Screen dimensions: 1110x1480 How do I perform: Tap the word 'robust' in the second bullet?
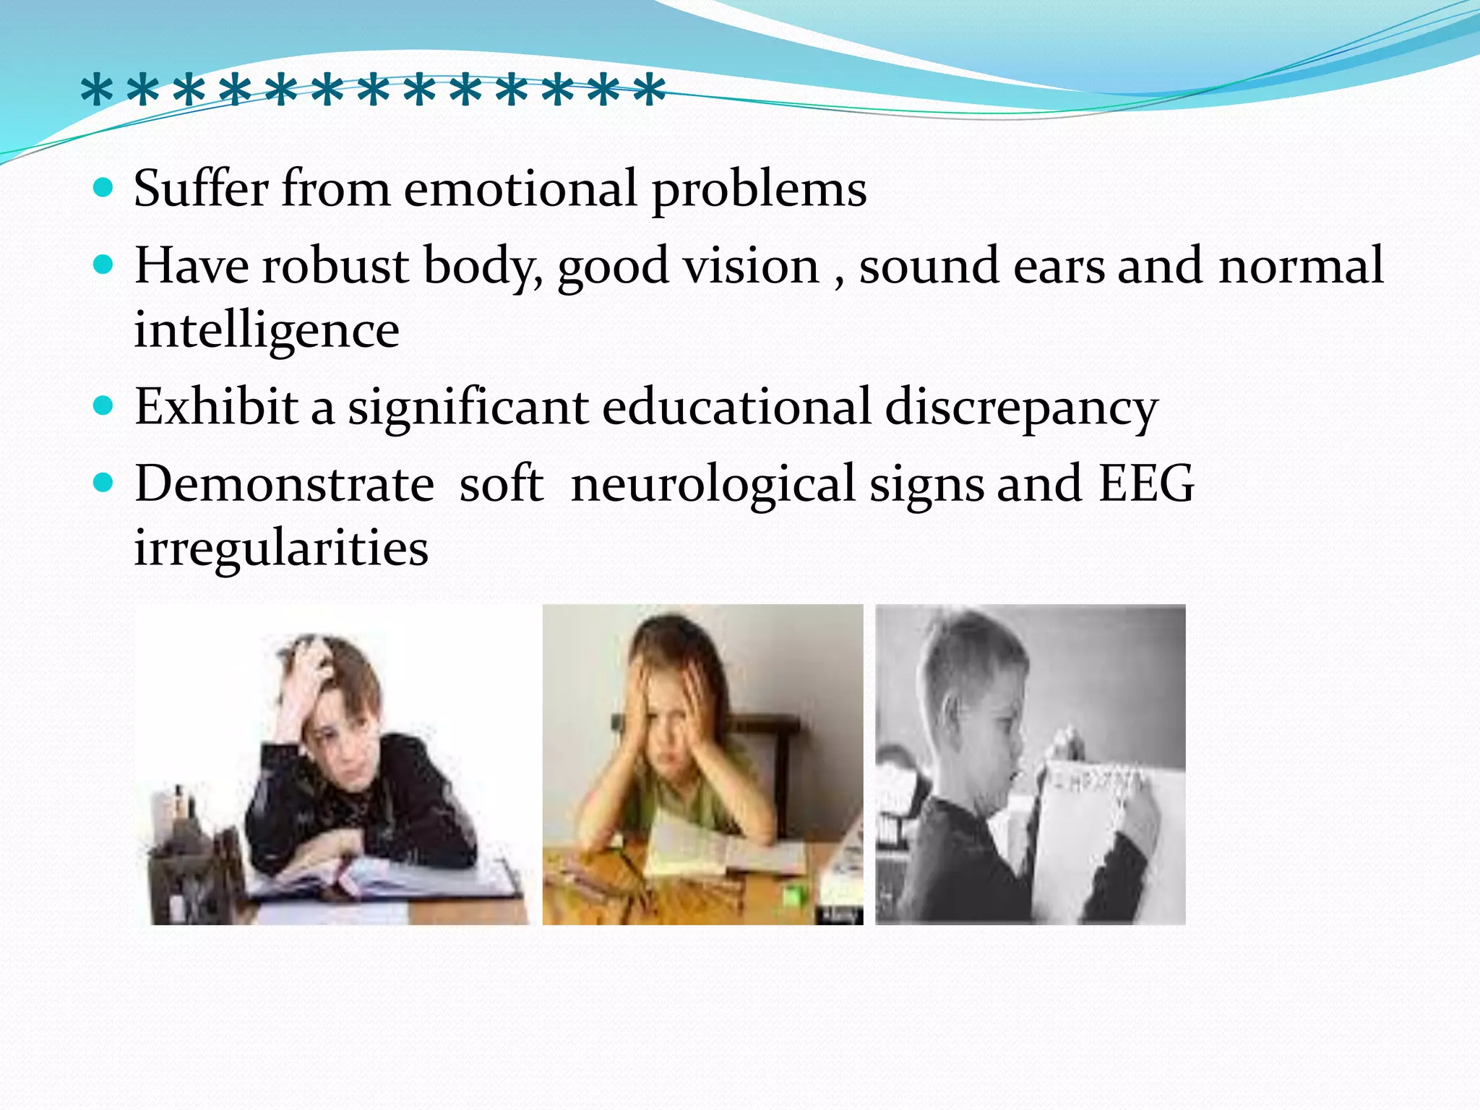point(335,266)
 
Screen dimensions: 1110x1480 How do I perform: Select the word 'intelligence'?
point(267,330)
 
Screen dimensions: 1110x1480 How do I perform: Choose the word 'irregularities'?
point(281,547)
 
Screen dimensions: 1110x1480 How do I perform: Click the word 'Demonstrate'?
point(284,483)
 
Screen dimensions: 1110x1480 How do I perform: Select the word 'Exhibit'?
point(216,406)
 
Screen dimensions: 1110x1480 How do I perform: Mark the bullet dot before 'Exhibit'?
point(104,406)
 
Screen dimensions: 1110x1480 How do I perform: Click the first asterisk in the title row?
point(97,92)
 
